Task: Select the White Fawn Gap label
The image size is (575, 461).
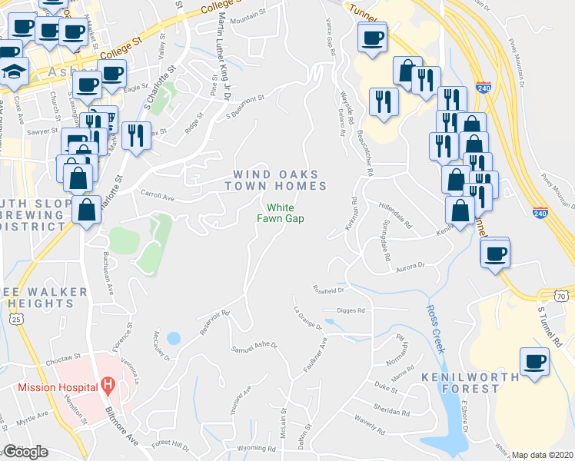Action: pos(281,213)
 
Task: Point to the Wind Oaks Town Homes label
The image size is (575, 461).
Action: pos(276,179)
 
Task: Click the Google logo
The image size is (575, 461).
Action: pos(25,452)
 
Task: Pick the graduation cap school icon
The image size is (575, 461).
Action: pos(14,72)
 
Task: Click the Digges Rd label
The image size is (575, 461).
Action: pos(351,310)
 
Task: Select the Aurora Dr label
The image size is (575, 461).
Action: pos(410,264)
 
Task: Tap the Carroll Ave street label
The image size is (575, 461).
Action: pos(158,195)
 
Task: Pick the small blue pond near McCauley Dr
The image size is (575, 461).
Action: pos(173,338)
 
